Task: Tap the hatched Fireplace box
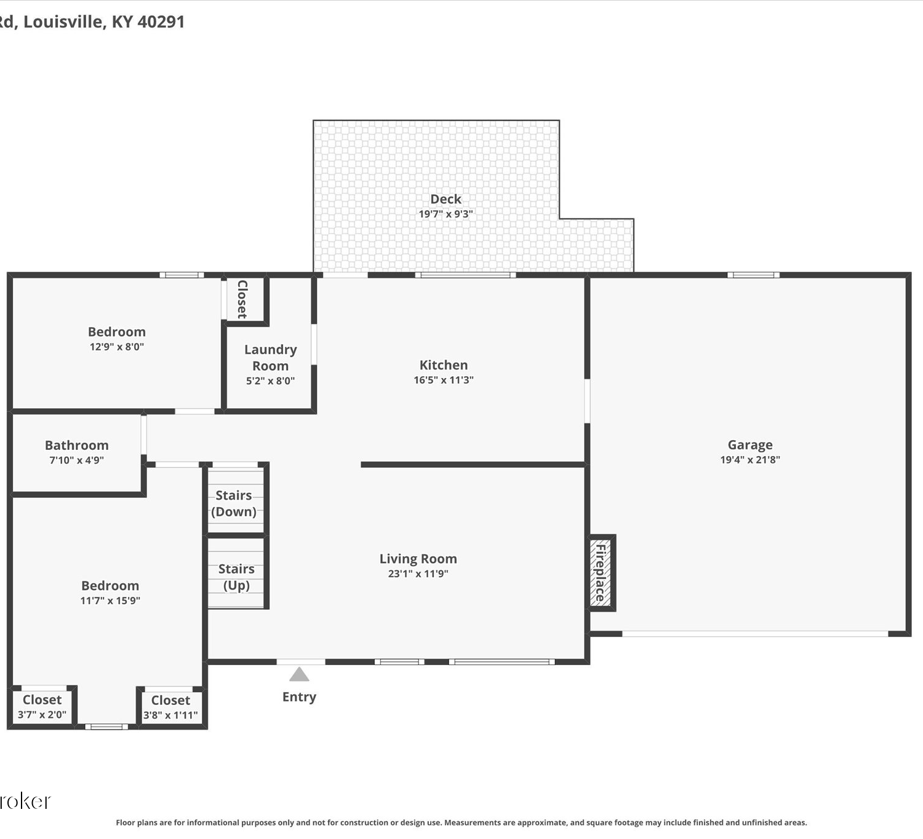[x=601, y=573]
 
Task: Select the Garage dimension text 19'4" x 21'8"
[x=750, y=459]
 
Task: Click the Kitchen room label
[x=444, y=365]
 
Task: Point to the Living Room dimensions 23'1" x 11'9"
[x=418, y=573]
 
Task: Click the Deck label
[x=446, y=199]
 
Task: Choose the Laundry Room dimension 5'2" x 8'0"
[x=270, y=380]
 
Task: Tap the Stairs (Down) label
[x=234, y=503]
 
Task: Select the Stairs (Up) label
[x=236, y=577]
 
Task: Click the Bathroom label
[x=77, y=445]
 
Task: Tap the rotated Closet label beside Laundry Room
[x=242, y=299]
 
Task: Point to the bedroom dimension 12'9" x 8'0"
[x=117, y=347]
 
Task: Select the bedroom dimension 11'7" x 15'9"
[x=110, y=601]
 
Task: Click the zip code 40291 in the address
[x=161, y=22]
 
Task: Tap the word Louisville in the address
[x=63, y=22]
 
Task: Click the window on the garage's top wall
[x=753, y=275]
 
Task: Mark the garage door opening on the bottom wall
[x=755, y=634]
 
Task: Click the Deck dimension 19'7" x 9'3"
[x=446, y=214]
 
